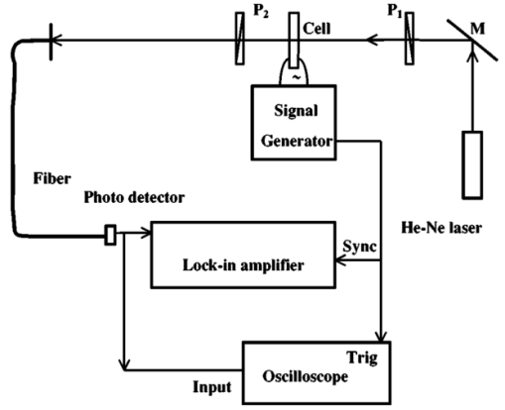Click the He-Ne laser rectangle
coord(472,165)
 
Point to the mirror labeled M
coord(472,40)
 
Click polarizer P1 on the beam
coord(410,39)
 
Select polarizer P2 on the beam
coord(240,39)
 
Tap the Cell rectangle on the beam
coord(294,40)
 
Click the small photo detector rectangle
coord(110,235)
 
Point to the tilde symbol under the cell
coord(297,77)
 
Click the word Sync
coord(359,247)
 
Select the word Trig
coord(362,358)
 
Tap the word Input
coord(212,387)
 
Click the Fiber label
coord(52,178)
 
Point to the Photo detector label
coord(134,197)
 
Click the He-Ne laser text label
coord(442,228)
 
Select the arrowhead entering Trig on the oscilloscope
coord(382,336)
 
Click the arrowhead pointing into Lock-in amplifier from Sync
coord(340,260)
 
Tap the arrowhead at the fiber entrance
coord(57,41)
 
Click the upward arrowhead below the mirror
coord(472,56)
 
